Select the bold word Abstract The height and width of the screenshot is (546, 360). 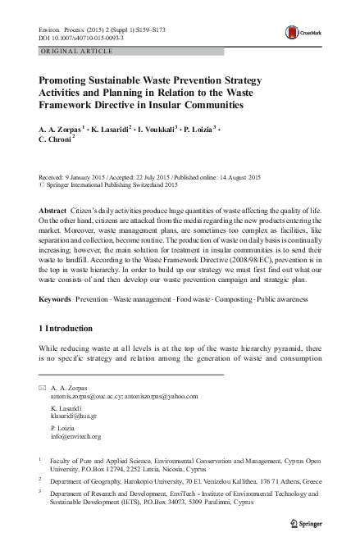click(x=53, y=212)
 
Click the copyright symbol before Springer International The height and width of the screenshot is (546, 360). click(x=43, y=185)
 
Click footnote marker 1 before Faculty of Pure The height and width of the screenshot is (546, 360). click(x=41, y=460)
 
